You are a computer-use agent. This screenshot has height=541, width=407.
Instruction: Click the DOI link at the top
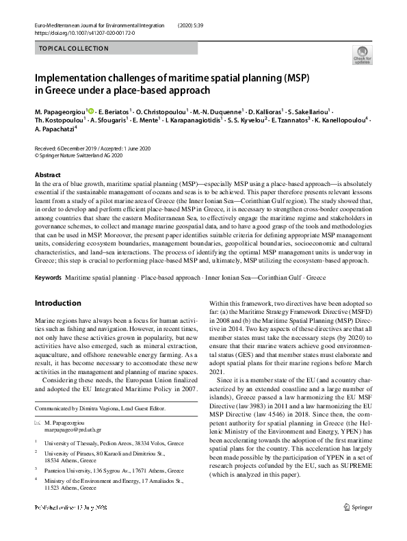(x=78, y=32)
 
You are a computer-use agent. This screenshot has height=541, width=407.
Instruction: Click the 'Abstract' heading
(x=47, y=175)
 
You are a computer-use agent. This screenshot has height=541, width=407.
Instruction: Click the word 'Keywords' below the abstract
(x=48, y=279)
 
